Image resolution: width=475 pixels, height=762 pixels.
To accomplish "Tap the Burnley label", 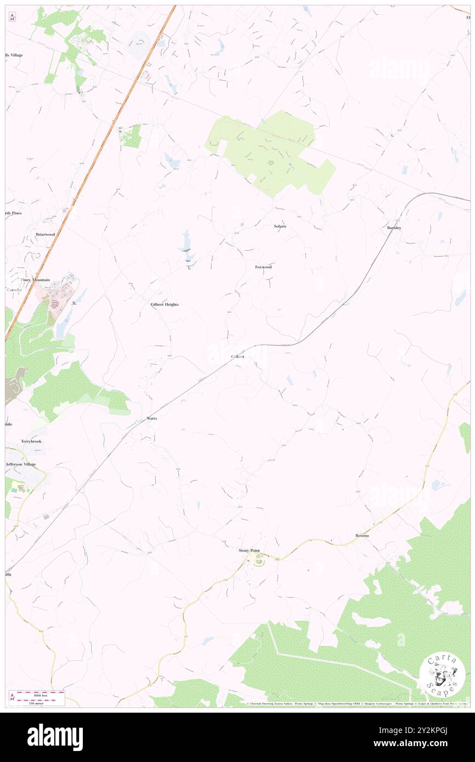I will [394, 228].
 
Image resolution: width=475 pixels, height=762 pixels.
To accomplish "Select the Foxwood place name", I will [263, 267].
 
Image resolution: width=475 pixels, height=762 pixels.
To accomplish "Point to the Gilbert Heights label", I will [165, 304].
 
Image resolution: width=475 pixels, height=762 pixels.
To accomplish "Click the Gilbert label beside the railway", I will [237, 356].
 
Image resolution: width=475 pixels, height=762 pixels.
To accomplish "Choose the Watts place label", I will [152, 418].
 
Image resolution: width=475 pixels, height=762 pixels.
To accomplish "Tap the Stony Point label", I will [248, 550].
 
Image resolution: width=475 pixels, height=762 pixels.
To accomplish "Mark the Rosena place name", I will [362, 535].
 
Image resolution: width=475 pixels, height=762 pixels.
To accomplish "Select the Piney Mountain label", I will [36, 280].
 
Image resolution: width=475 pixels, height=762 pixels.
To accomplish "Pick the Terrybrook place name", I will [31, 441].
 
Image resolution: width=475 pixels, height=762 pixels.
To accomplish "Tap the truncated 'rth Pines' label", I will [14, 213].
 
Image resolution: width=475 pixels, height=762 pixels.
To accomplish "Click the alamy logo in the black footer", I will [55, 737].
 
